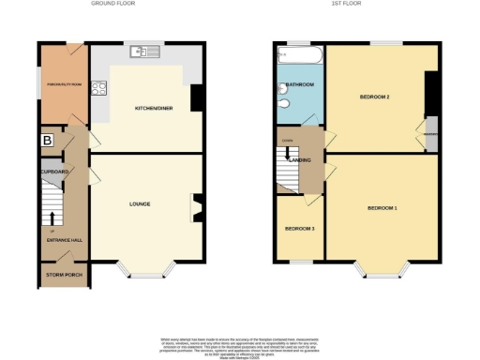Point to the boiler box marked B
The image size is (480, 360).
click(x=46, y=140)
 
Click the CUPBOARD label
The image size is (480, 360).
click(x=54, y=172)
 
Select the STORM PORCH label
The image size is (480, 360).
click(x=64, y=275)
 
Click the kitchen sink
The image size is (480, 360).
click(x=147, y=51)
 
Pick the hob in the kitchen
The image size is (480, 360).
click(x=100, y=93)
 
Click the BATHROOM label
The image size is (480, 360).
click(x=299, y=84)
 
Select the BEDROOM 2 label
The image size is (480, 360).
click(x=374, y=97)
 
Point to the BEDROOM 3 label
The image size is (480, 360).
click(x=299, y=229)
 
